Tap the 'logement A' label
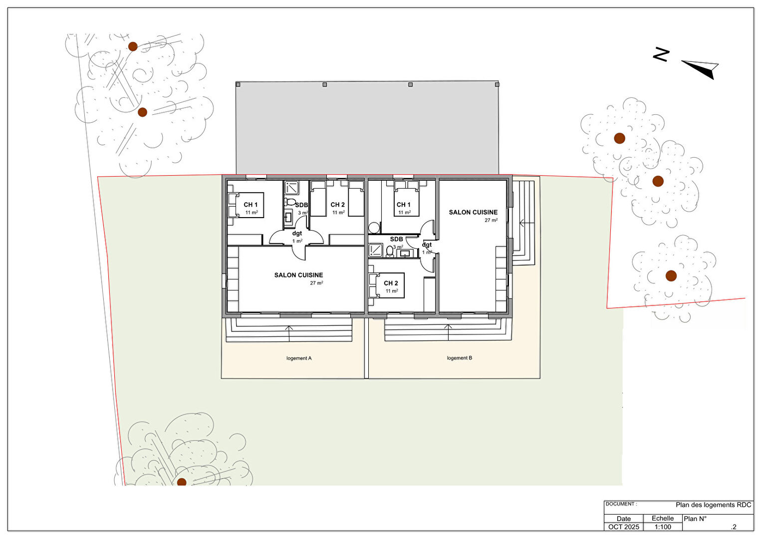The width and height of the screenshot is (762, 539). click(299, 358)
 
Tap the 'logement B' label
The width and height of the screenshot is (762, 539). click(460, 358)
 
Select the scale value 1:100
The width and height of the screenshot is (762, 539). click(663, 527)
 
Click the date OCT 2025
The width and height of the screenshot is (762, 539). click(624, 527)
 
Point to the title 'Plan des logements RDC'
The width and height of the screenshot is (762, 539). click(714, 505)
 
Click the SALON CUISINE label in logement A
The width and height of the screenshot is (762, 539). click(299, 275)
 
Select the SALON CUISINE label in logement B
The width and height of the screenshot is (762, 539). click(473, 212)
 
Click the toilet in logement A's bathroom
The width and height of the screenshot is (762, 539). click(289, 202)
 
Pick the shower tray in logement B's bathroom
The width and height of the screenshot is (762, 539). click(376, 250)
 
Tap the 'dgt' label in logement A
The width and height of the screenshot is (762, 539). click(297, 234)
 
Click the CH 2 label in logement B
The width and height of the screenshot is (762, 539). click(391, 283)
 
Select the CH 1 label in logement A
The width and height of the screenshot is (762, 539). click(251, 205)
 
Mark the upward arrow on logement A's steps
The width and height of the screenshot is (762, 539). click(289, 333)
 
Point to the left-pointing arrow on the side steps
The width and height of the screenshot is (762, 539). click(527, 223)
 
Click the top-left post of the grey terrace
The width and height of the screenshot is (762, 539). click(238, 84)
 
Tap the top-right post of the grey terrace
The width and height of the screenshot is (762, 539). click(497, 84)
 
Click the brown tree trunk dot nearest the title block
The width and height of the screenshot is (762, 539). click(671, 275)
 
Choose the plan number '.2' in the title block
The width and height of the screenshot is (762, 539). click(734, 527)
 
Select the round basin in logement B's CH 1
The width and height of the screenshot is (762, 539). click(374, 228)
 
